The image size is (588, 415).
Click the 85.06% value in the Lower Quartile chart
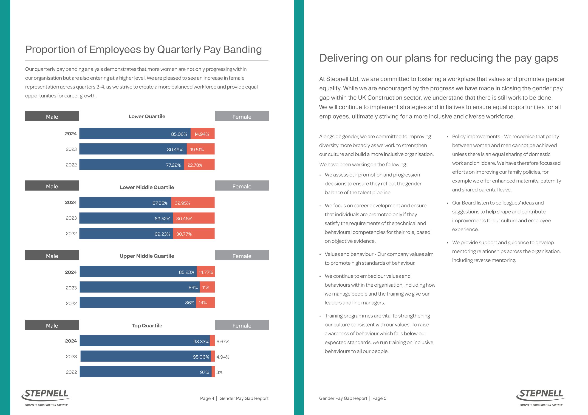coord(179,134)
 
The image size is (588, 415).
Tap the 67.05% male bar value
coord(160,203)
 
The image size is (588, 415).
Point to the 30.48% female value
coord(184,219)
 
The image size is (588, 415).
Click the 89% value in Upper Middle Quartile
coord(193,288)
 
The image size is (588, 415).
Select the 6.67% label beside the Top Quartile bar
coord(223,341)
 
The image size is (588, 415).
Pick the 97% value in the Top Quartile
coord(204,372)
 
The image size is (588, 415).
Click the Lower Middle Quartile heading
coord(147,187)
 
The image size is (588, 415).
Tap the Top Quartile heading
coord(147,326)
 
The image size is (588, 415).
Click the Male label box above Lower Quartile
coord(52,116)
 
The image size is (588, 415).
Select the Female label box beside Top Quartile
coord(242,325)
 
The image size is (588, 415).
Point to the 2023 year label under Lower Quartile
coord(71,149)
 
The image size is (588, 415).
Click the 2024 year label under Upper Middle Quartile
coord(71,272)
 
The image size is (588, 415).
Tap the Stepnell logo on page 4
coord(46,397)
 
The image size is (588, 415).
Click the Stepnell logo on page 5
coord(541,397)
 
